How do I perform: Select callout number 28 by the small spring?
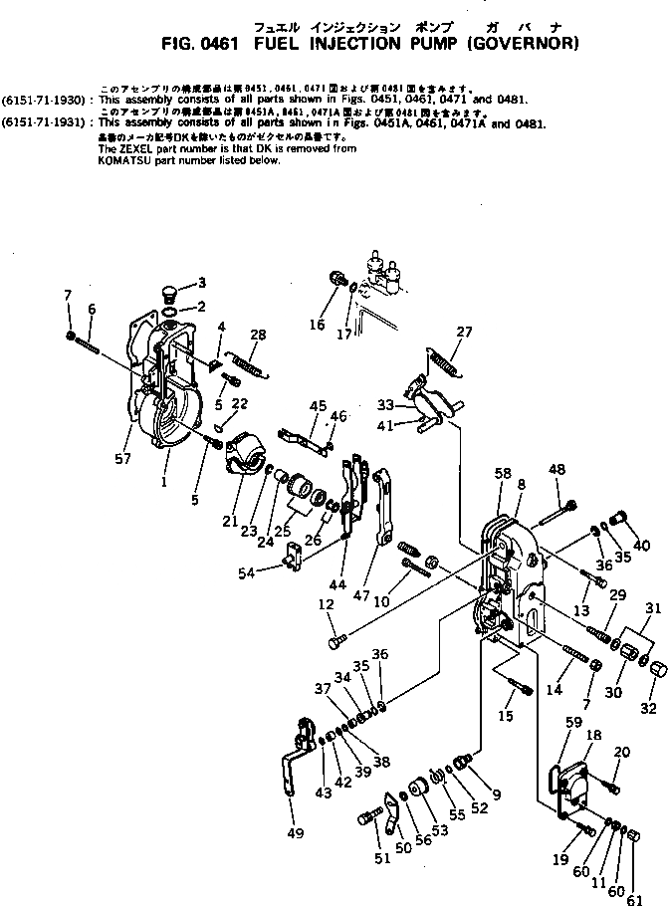click(x=258, y=335)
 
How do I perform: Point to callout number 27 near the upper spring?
click(x=464, y=332)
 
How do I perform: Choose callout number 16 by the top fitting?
click(x=318, y=325)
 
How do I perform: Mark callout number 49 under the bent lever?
click(x=295, y=833)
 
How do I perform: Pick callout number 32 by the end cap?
click(x=649, y=682)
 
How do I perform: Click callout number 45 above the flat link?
click(x=318, y=406)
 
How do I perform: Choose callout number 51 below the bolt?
click(x=383, y=858)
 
